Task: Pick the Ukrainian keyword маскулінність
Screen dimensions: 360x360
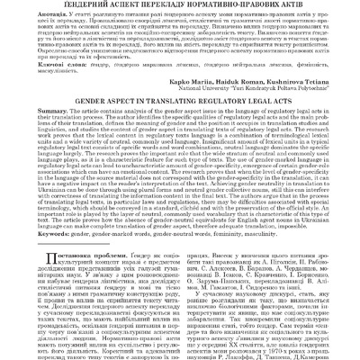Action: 43,83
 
